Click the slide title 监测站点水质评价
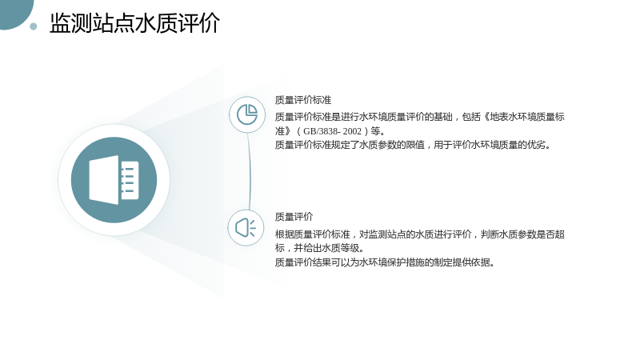pos(134,23)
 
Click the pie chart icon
pos(247,114)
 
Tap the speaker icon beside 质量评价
pos(246,228)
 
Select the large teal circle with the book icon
pos(114,180)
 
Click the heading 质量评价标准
pos(303,100)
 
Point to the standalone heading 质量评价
pos(294,217)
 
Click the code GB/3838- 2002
pos(332,131)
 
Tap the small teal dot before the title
pos(34,26)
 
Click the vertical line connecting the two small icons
pos(249,171)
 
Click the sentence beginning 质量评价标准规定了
pos(413,145)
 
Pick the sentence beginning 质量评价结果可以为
pos(385,262)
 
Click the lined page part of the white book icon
pos(130,180)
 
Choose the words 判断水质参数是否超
pos(522,234)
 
